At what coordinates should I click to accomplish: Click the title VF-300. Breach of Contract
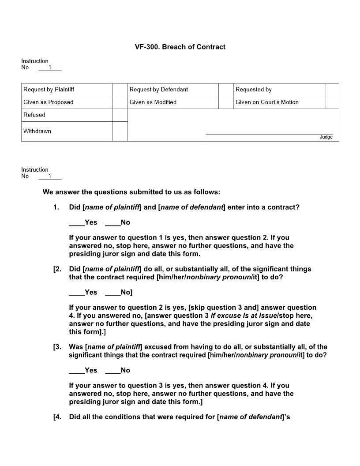[x=180, y=47]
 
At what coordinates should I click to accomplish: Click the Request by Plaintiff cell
[x=67, y=90]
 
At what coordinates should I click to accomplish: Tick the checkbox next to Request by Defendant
[x=225, y=90]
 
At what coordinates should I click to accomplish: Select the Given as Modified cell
[x=173, y=102]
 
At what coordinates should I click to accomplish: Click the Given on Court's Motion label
[x=267, y=102]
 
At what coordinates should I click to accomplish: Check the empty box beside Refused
[x=120, y=115]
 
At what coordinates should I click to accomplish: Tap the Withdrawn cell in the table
[x=67, y=132]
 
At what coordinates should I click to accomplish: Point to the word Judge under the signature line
[x=326, y=137]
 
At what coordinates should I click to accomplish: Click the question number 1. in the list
[x=56, y=207]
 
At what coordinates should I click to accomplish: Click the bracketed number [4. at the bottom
[x=57, y=417]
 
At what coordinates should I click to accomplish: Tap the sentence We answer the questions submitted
[x=131, y=192]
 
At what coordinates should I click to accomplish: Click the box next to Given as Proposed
[x=120, y=102]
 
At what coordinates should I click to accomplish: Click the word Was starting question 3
[x=76, y=347]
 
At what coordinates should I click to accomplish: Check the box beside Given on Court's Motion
[x=332, y=102]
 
